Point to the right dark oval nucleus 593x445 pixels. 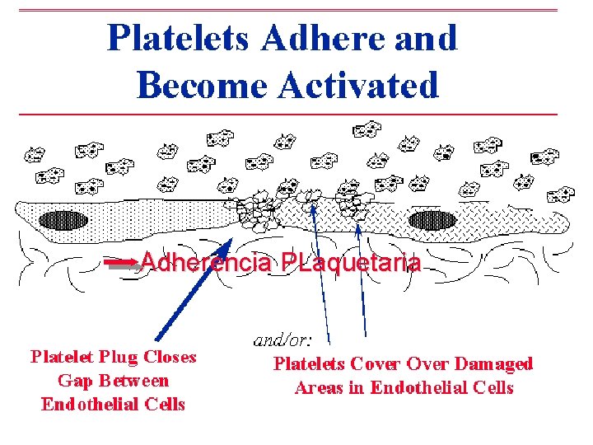[431, 221]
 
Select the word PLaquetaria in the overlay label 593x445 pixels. [351, 263]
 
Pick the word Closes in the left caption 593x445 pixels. [170, 357]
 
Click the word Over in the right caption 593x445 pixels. [427, 363]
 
